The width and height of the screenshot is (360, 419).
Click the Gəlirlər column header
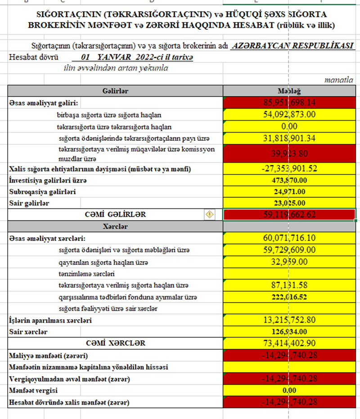(x=115, y=91)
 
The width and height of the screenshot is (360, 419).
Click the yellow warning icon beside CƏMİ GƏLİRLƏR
(x=210, y=214)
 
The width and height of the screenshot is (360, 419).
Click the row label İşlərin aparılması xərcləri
(x=50, y=321)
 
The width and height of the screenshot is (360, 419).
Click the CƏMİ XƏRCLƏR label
(x=116, y=343)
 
